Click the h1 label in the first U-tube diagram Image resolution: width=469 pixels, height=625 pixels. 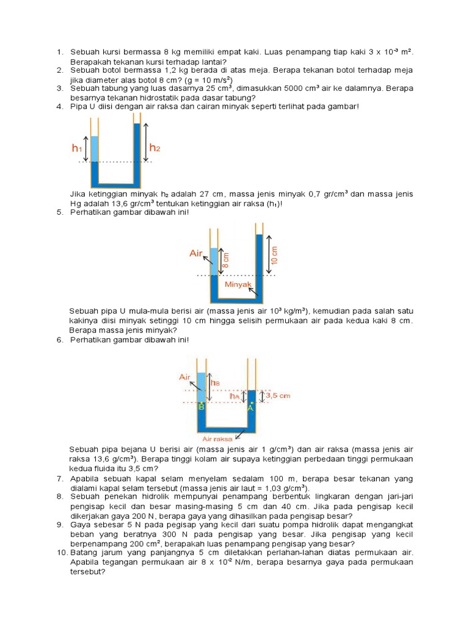tap(76, 148)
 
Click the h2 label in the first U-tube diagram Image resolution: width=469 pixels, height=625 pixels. tap(155, 148)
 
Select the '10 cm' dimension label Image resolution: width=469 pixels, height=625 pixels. tap(274, 255)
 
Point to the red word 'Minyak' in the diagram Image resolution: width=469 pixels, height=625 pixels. tap(238, 284)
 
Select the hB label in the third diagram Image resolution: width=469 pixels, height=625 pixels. tap(215, 383)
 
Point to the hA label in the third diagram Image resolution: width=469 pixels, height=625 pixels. tap(234, 396)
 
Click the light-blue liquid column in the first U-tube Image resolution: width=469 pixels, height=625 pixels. tap(95, 148)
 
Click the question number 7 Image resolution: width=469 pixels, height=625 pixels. tap(60, 478)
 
